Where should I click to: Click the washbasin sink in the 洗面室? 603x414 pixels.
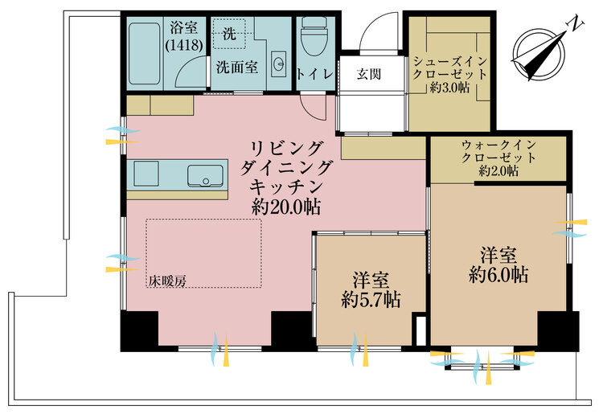[278, 63]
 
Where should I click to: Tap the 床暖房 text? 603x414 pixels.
[167, 281]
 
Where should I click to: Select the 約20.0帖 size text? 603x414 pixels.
[287, 207]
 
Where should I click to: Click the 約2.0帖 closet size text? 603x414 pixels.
[498, 171]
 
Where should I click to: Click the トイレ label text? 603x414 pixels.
[315, 74]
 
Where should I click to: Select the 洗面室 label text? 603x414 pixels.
[236, 68]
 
